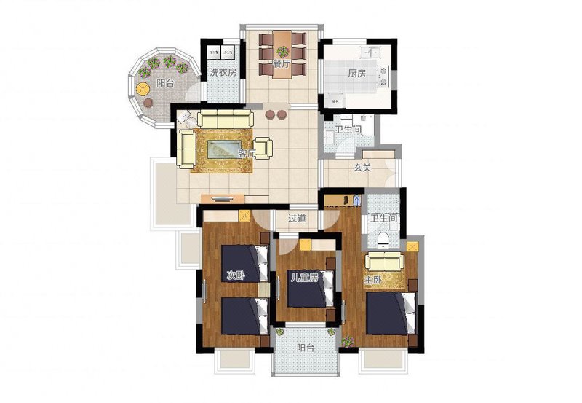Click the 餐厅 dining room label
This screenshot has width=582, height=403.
282,63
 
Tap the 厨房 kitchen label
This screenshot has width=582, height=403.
357,73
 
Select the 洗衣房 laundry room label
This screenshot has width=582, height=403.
223,72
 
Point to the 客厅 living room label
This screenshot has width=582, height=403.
247,154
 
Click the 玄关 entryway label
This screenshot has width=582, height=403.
362,168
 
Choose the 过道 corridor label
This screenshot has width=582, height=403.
298,218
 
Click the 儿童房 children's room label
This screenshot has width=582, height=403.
304,278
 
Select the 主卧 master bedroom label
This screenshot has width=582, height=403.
372,281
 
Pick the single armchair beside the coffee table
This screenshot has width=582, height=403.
263,149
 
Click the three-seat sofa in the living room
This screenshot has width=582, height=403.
226,119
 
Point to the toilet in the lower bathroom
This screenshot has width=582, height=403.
383,240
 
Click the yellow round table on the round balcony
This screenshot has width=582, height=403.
143,88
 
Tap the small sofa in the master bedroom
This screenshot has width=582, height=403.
385,262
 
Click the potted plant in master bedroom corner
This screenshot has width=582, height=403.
348,340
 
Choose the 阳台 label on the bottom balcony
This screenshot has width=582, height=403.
306,348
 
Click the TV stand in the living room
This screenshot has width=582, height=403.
223,198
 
